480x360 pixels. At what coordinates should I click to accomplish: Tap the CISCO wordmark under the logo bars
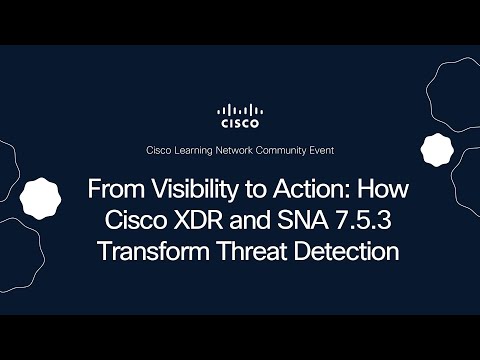[240, 124]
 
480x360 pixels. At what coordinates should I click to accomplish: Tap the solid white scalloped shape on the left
[41, 197]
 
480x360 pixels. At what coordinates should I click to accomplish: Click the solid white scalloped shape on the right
[437, 150]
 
